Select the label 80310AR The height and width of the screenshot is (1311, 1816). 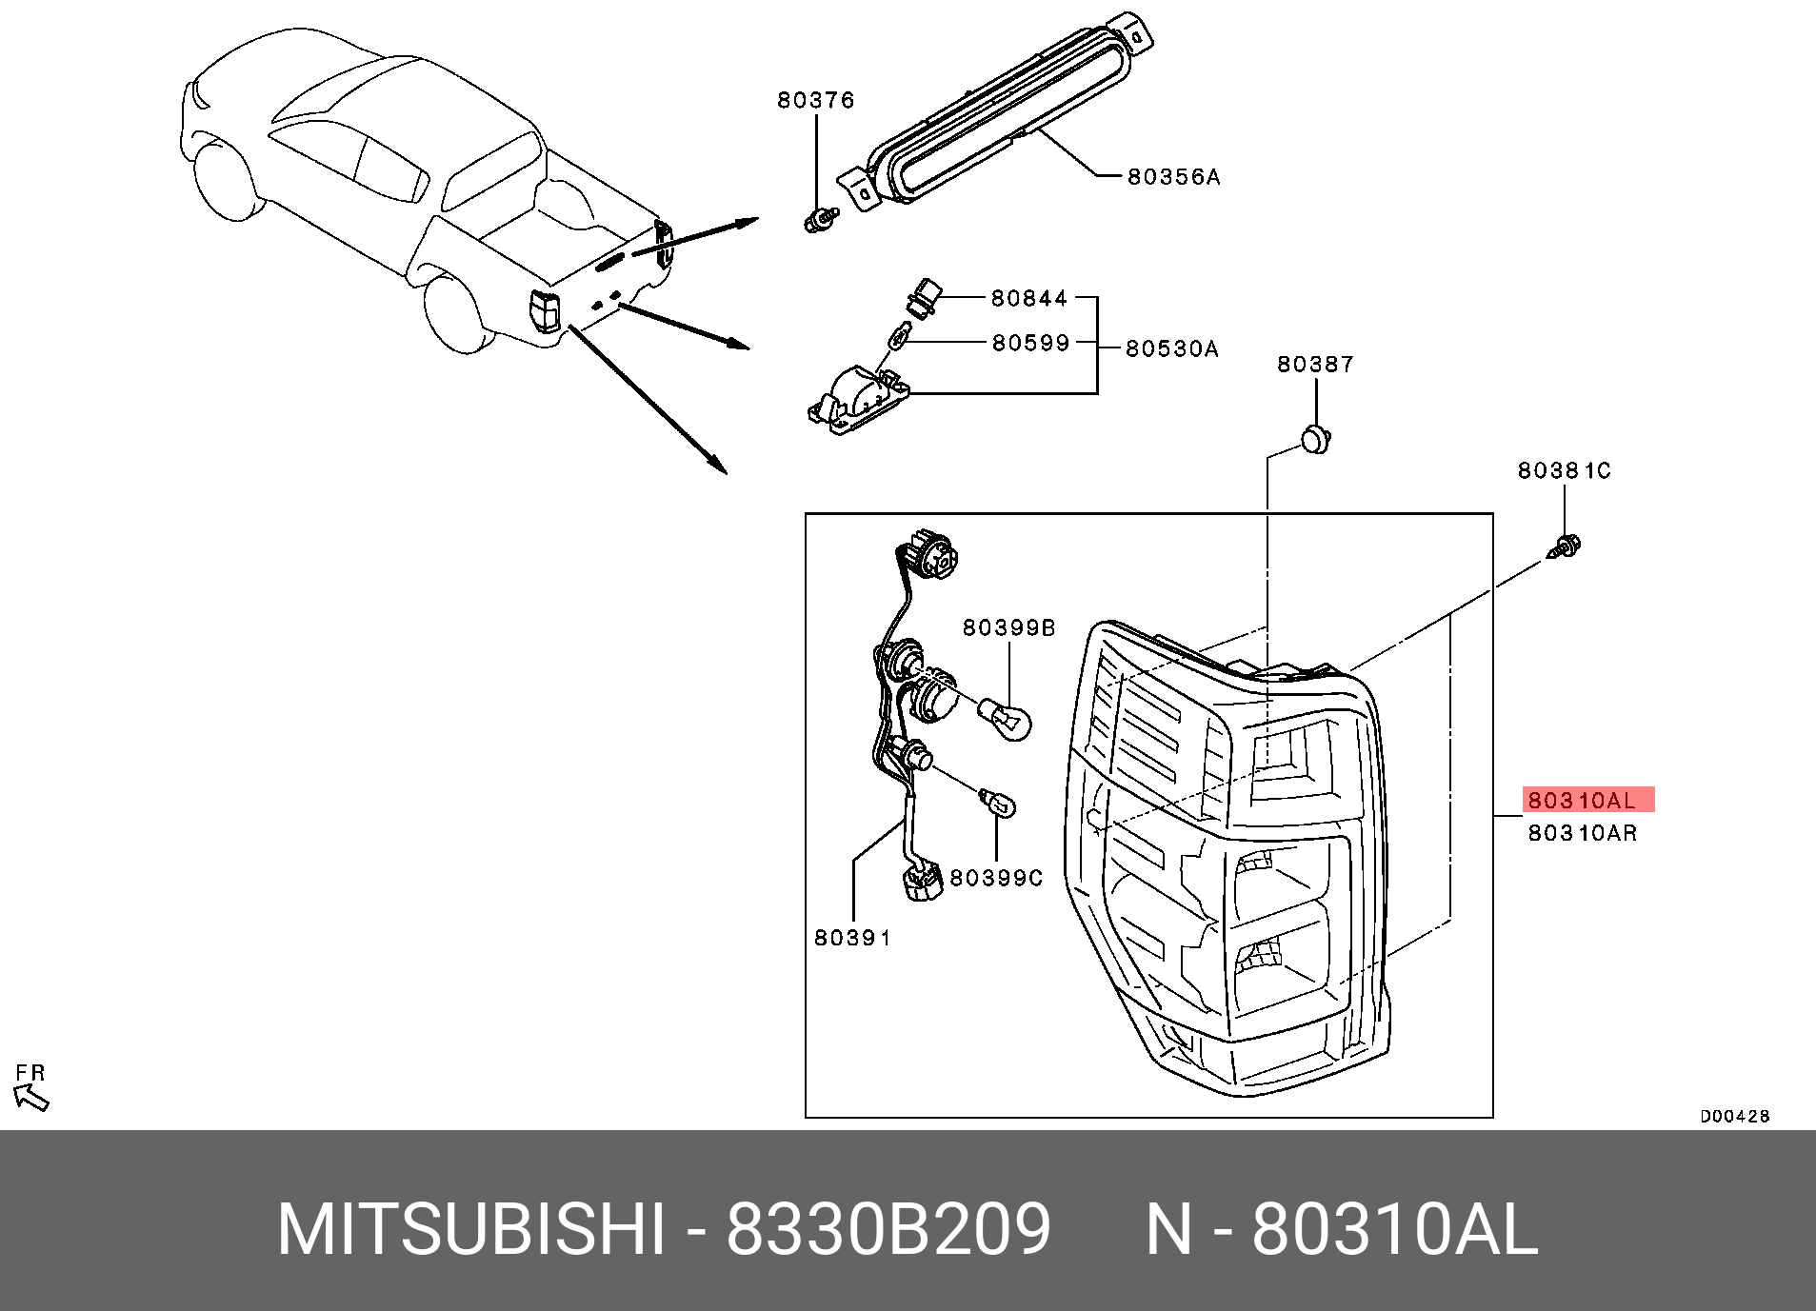coord(1582,833)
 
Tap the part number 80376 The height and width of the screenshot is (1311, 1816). coord(815,100)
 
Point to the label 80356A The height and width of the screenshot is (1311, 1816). coord(1173,177)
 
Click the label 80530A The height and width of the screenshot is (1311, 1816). coord(1171,349)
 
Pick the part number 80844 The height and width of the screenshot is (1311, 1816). coord(1029,299)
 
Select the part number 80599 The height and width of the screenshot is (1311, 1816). coord(1030,343)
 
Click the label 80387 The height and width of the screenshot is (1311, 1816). coord(1314,365)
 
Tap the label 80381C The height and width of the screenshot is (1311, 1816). coord(1564,470)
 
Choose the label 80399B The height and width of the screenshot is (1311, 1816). coord(1008,628)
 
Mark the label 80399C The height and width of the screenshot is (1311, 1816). coord(996,878)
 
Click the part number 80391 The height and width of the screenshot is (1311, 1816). coord(852,938)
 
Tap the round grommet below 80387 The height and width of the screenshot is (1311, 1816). coord(1316,441)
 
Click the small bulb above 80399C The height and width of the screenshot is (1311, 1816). coord(999,804)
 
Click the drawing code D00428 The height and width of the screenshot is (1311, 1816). coord(1734,1117)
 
